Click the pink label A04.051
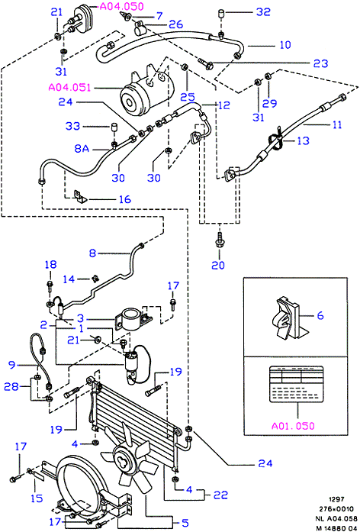[x=69, y=88]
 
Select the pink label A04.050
[x=122, y=6]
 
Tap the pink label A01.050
[x=293, y=426]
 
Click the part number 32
[x=263, y=12]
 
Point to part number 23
[x=320, y=63]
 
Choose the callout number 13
[x=303, y=140]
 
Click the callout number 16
[x=125, y=199]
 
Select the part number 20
[x=218, y=265]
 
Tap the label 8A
[x=82, y=149]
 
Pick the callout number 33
[x=73, y=126]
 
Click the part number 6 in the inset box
[x=320, y=315]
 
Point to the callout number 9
[x=12, y=365]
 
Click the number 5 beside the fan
[x=185, y=523]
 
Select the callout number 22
[x=220, y=495]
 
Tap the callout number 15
[x=37, y=498]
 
